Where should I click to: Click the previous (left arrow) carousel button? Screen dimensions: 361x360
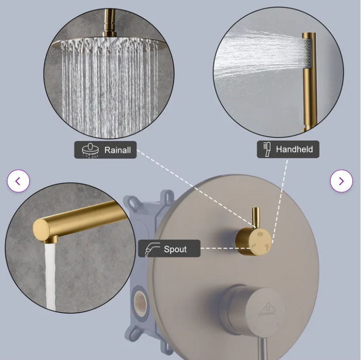pyautogui.click(x=18, y=181)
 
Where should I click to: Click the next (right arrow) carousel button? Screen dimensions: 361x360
pyautogui.click(x=341, y=181)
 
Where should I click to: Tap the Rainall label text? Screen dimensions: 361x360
pyautogui.click(x=117, y=150)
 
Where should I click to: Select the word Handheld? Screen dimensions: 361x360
pyautogui.click(x=294, y=149)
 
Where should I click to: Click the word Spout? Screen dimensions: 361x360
pyautogui.click(x=175, y=249)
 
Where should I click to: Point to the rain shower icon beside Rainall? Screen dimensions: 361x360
pyautogui.click(x=90, y=150)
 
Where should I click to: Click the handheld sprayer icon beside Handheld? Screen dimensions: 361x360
pyautogui.click(x=267, y=149)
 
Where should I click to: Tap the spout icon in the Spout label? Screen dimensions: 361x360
pyautogui.click(x=152, y=249)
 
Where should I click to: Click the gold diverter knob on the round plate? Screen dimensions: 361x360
pyautogui.click(x=253, y=241)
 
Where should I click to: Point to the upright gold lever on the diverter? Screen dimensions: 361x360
pyautogui.click(x=256, y=217)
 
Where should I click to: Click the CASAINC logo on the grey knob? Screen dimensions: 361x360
pyautogui.click(x=266, y=310)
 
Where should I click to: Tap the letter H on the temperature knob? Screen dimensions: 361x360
pyautogui.click(x=255, y=328)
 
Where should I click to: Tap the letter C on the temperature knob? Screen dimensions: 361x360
pyautogui.click(x=279, y=325)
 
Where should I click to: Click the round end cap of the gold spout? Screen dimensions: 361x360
pyautogui.click(x=41, y=230)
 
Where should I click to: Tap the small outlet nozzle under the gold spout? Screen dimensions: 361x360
pyautogui.click(x=51, y=240)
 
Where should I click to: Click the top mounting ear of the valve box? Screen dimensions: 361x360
pyautogui.click(x=167, y=196)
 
